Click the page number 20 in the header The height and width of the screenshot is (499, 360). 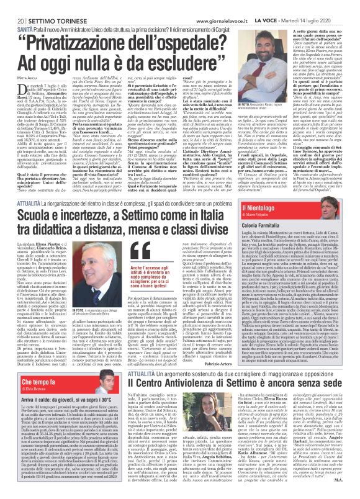pos(12,6)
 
